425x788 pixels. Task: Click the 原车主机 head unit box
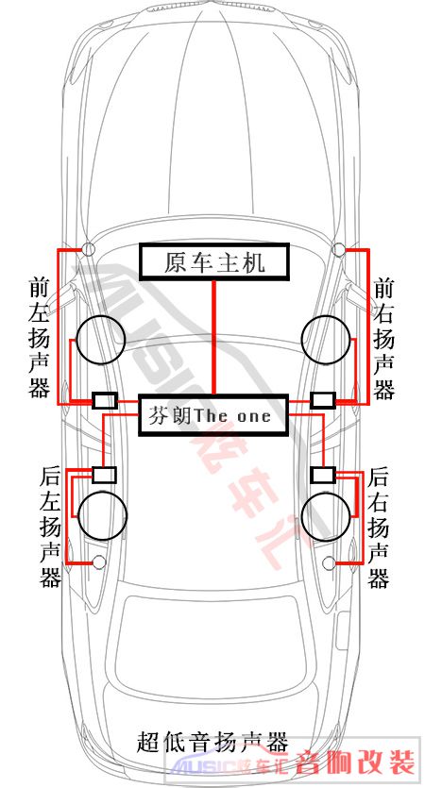(214, 261)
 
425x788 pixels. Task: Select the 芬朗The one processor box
(213, 414)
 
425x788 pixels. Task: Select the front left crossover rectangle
(105, 400)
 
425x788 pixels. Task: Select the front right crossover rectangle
(323, 400)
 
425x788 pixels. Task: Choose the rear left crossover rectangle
(105, 475)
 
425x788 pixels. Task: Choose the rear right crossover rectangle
(323, 475)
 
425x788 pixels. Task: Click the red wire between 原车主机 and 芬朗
(213, 338)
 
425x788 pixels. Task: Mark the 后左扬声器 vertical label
(50, 528)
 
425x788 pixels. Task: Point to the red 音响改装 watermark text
(355, 763)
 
